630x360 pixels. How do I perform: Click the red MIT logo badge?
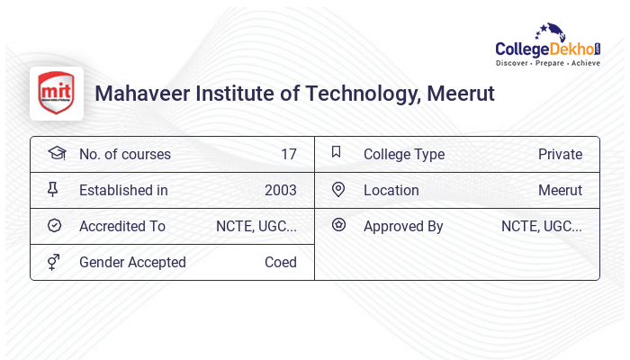point(56,93)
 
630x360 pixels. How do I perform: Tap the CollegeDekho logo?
point(548,46)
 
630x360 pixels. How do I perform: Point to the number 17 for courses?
point(288,155)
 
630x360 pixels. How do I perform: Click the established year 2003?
point(280,191)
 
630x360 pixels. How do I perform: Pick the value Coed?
point(280,263)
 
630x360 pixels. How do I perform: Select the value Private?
point(560,155)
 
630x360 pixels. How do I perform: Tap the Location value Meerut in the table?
point(560,191)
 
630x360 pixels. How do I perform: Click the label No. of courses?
point(124,155)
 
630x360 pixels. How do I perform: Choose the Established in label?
point(123,191)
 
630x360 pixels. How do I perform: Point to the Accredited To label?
point(122,227)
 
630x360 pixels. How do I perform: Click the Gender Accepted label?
point(132,263)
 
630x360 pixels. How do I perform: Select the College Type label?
point(404,155)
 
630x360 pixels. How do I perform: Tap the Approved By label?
point(403,227)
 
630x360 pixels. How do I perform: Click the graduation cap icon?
point(56,153)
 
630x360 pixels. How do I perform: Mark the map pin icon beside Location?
point(338,189)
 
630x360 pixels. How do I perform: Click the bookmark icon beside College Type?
point(337,152)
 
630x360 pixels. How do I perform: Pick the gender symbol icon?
point(54,262)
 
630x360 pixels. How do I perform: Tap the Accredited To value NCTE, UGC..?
point(256,227)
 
